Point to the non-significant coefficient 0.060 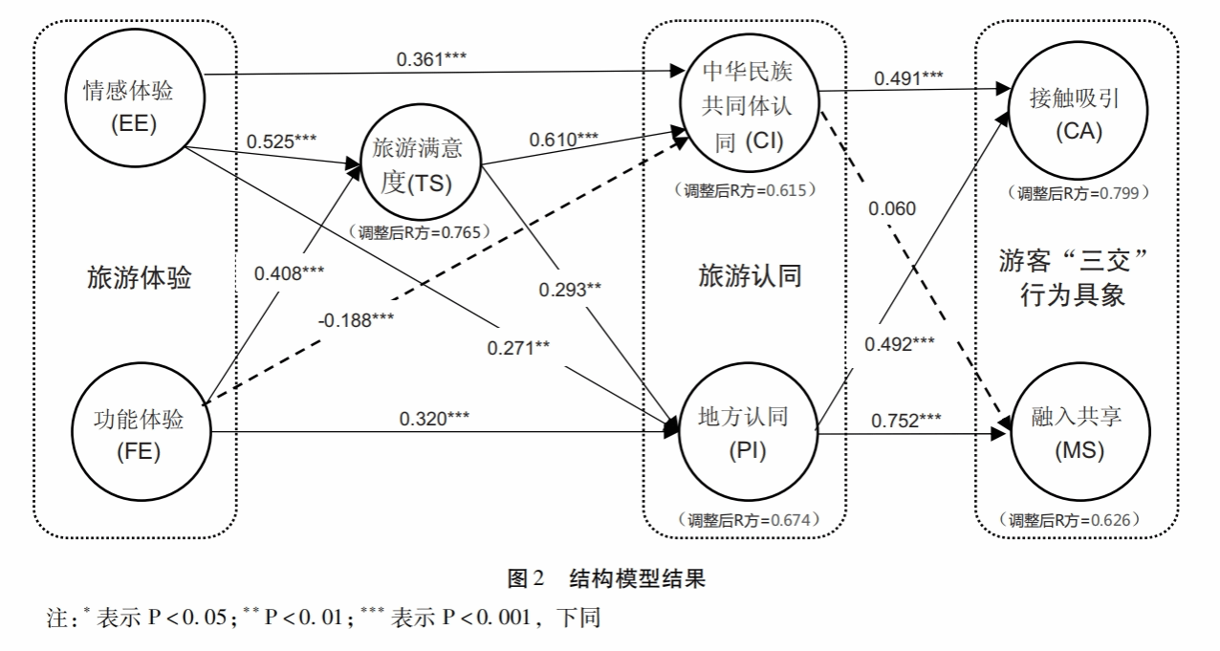pyautogui.click(x=892, y=209)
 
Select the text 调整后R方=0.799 pyautogui.click(x=1077, y=192)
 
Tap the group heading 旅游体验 pyautogui.click(x=140, y=279)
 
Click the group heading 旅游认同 pyautogui.click(x=749, y=277)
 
